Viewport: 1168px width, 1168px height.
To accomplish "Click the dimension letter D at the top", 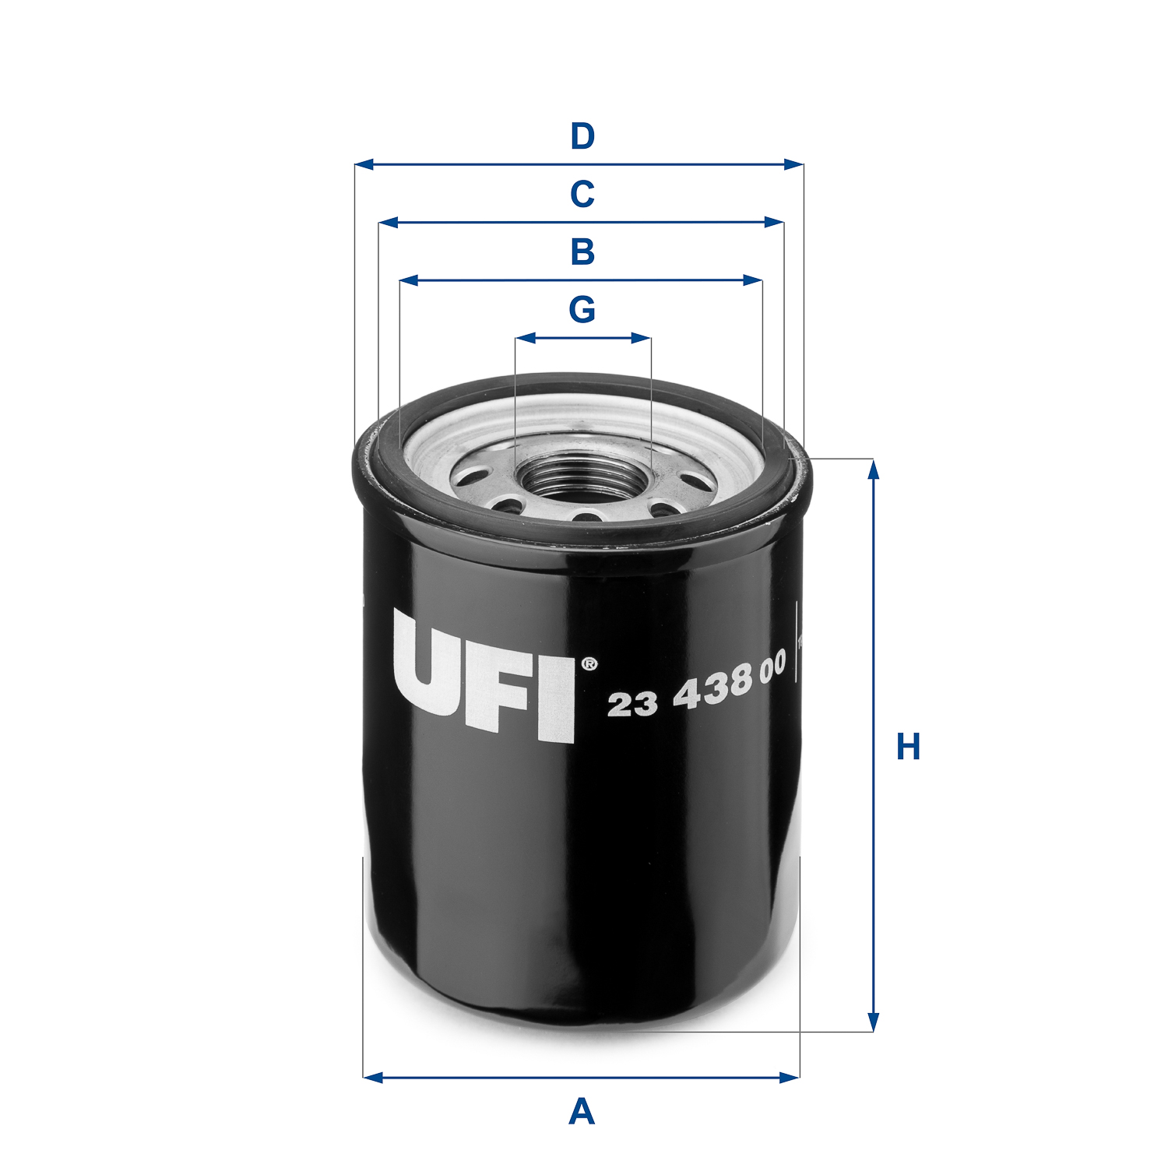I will (x=582, y=136).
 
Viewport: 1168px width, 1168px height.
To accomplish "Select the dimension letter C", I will (x=582, y=194).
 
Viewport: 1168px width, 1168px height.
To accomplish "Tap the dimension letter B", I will (x=582, y=252).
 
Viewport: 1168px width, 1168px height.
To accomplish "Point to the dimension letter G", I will (x=582, y=310).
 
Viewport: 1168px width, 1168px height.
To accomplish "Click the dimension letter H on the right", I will (x=908, y=746).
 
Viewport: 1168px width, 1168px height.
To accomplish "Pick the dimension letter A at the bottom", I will (x=582, y=1112).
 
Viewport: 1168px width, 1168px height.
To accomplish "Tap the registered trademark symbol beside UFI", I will (x=589, y=664).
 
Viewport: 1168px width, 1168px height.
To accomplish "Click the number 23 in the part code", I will (x=632, y=704).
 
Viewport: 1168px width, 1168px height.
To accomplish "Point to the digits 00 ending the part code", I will (x=772, y=669).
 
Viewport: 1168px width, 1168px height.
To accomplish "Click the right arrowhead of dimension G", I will (x=642, y=338).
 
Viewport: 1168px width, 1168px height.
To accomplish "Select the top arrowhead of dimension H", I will (x=873, y=470).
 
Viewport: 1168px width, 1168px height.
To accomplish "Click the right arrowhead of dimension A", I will (x=790, y=1078).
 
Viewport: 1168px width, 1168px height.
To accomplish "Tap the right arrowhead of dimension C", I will (x=774, y=223).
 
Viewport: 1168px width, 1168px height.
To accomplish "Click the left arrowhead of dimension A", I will (x=373, y=1078).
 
